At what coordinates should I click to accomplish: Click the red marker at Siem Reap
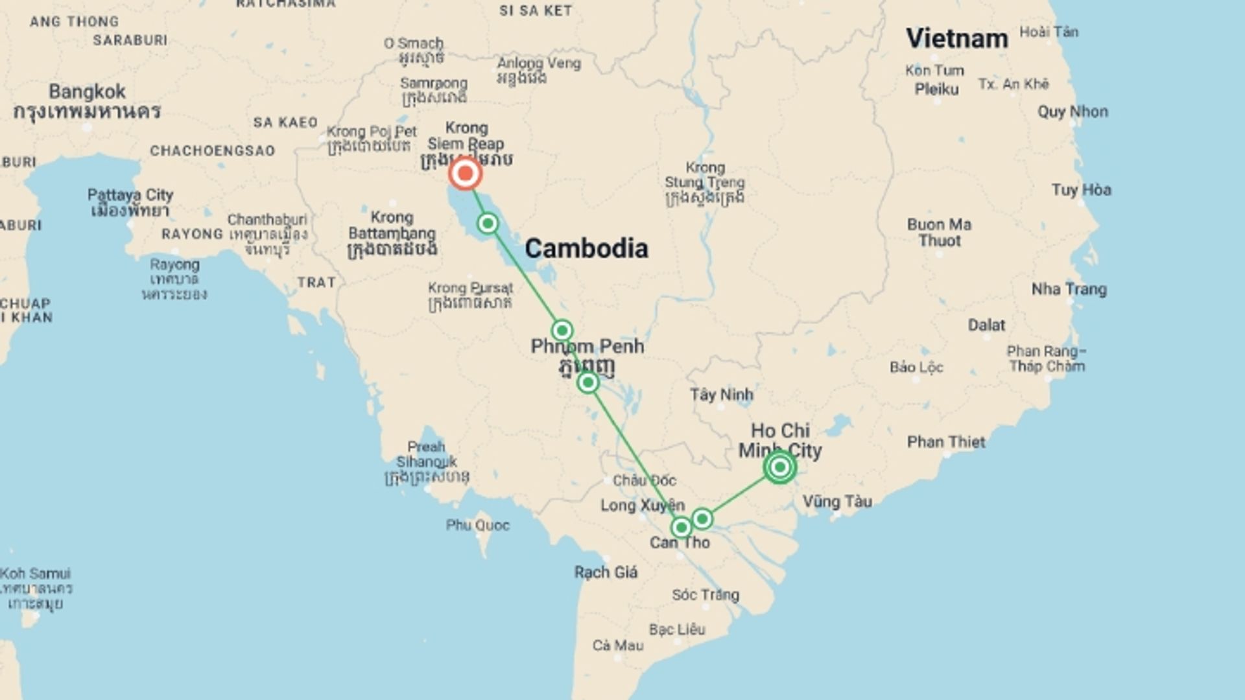[x=465, y=173]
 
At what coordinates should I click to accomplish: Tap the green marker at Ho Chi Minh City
[x=779, y=467]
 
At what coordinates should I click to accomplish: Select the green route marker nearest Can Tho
[x=681, y=528]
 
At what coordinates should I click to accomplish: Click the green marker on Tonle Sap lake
[x=488, y=224]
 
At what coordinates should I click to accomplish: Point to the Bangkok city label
[x=87, y=91]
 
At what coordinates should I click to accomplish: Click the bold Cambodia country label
[x=586, y=248]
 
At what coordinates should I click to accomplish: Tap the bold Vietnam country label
[x=956, y=38]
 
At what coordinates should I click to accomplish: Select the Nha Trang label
[x=1069, y=289]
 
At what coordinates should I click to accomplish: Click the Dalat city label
[x=986, y=325]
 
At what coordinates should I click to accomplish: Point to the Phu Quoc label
[x=477, y=525]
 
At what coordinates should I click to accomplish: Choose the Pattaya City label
[x=130, y=195]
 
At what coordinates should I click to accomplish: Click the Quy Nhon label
[x=1073, y=111]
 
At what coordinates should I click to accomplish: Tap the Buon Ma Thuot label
[x=939, y=232]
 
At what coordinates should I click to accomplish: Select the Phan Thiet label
[x=946, y=442]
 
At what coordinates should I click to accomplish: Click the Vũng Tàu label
[x=837, y=501]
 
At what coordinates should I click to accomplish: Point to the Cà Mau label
[x=618, y=645]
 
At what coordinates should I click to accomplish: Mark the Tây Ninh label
[x=721, y=394]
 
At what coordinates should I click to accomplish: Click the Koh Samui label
[x=36, y=574]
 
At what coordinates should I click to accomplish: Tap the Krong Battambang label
[x=392, y=225]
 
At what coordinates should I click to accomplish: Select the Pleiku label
[x=936, y=89]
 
